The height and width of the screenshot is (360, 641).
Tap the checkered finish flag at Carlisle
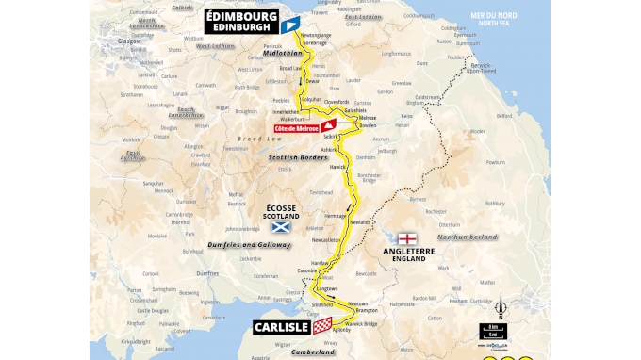click(323, 325)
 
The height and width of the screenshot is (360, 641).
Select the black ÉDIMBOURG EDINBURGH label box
click(241, 21)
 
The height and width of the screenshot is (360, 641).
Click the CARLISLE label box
click(282, 327)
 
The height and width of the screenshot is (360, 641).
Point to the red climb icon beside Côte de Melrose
click(328, 125)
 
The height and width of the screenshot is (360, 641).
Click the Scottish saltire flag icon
click(279, 226)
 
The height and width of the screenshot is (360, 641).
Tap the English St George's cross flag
click(408, 239)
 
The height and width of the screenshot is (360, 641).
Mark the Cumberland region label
click(313, 352)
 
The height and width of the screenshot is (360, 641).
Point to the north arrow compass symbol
click(501, 307)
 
